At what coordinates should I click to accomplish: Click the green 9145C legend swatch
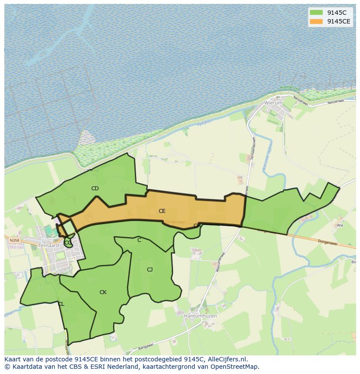(317, 13)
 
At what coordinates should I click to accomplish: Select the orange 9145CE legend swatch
(317, 21)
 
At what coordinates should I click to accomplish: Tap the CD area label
(95, 189)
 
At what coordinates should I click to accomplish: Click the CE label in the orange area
(162, 211)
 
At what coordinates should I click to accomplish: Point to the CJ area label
(150, 270)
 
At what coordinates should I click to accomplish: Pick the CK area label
(103, 292)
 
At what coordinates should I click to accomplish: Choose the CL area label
(61, 304)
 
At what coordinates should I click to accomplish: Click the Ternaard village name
(48, 245)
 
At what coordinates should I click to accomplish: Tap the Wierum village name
(273, 103)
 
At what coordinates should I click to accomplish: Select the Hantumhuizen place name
(200, 316)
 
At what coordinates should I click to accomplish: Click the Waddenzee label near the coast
(290, 88)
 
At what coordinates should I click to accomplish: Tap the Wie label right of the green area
(340, 226)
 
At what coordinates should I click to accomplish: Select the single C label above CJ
(139, 240)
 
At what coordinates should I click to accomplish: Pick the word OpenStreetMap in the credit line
(235, 367)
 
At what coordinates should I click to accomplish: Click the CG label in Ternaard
(68, 243)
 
